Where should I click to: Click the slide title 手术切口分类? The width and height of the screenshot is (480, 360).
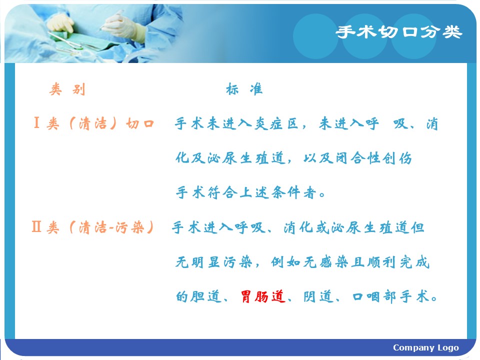[x=398, y=32]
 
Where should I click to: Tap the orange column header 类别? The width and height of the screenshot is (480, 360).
[x=67, y=89]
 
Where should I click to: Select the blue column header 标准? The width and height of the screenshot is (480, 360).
[x=244, y=89]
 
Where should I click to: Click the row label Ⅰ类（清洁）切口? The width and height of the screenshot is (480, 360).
[x=93, y=123]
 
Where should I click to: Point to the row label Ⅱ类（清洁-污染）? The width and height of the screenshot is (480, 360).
[x=93, y=227]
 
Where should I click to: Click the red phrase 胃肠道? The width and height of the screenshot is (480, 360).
[x=263, y=296]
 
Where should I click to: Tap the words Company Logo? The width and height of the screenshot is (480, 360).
[x=426, y=347]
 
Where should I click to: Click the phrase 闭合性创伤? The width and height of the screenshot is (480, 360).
[x=373, y=158]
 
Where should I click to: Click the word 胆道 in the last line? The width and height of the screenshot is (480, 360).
[x=205, y=296]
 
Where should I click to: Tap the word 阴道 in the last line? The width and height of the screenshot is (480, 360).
[x=318, y=296]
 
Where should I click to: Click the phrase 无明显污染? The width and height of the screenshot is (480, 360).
[x=214, y=262]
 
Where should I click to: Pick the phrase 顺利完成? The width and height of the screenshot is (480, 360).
[x=398, y=262]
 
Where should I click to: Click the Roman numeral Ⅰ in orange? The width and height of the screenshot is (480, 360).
[x=36, y=123]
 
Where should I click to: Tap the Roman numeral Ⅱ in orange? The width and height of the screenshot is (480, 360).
[x=36, y=227]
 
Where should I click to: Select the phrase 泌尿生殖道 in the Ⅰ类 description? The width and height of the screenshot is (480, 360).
[x=246, y=158]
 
